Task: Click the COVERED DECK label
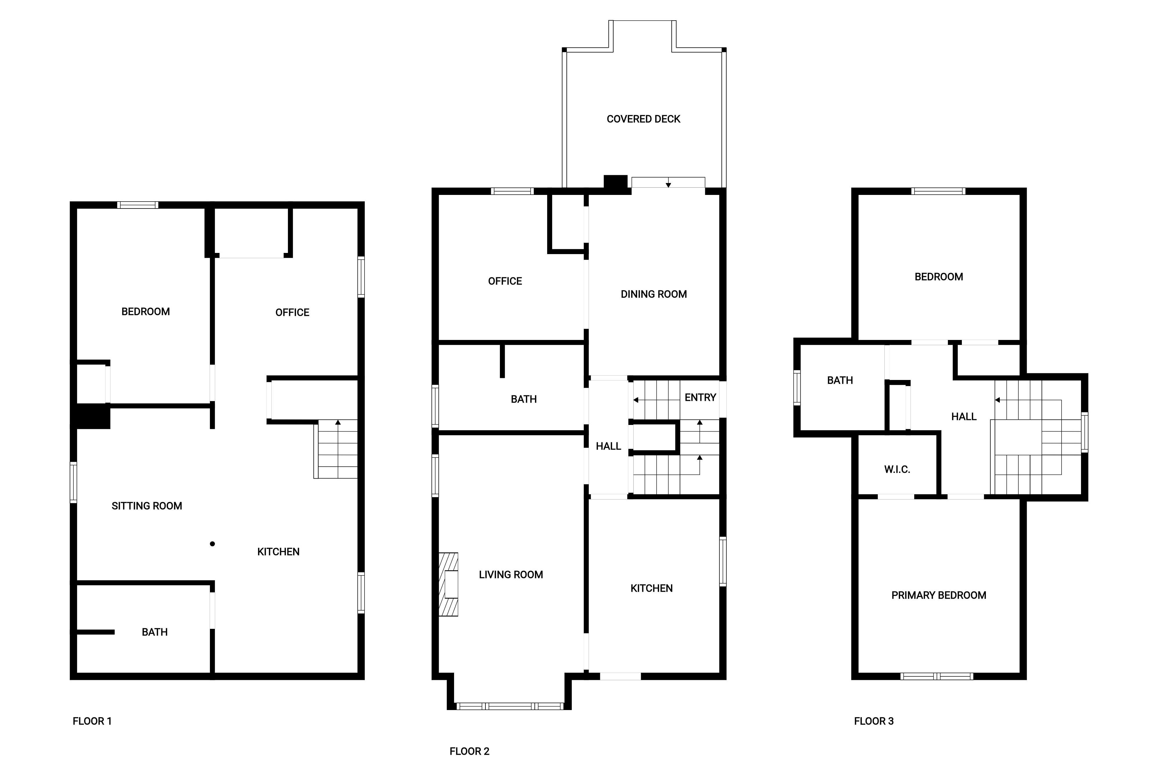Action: tap(643, 119)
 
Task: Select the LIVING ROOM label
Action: tap(511, 574)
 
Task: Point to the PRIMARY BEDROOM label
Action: tap(938, 595)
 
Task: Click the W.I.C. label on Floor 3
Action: tap(897, 469)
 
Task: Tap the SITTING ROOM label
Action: tap(147, 506)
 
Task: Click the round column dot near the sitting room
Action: tap(212, 544)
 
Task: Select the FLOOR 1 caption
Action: tap(92, 721)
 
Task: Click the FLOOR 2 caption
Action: tap(469, 751)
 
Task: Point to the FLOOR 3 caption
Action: tap(874, 721)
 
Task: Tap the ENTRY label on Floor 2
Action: tap(700, 397)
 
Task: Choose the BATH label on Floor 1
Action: tap(155, 632)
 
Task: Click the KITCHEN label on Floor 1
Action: tap(278, 552)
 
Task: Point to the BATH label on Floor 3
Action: tap(840, 380)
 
